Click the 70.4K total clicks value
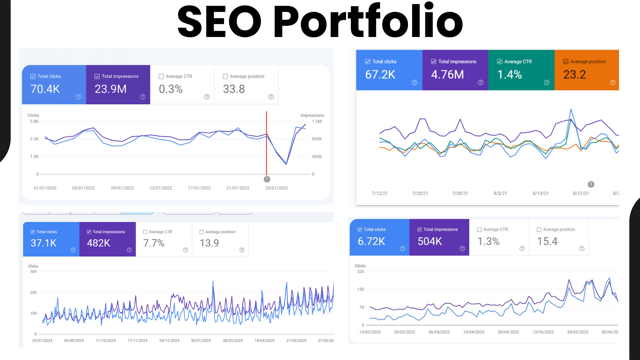[x=45, y=89]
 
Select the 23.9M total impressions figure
[x=110, y=89]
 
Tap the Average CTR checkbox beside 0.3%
[x=161, y=76]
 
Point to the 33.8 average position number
[x=234, y=89]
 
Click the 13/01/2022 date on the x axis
[x=161, y=188]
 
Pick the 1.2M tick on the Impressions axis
[x=317, y=121]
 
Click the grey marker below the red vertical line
[x=267, y=179]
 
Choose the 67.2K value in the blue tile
[x=380, y=74]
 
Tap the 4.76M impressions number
[x=447, y=74]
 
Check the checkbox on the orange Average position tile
[x=566, y=62]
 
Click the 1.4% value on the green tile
[x=509, y=74]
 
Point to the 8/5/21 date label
[x=500, y=193]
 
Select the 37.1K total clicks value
[x=44, y=243]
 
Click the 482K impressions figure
[x=98, y=243]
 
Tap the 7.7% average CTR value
[x=154, y=243]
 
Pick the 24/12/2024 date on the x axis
[x=169, y=341]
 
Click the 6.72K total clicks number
[x=371, y=241]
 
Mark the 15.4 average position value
[x=547, y=241]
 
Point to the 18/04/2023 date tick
[x=474, y=332]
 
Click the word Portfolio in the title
[x=368, y=22]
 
